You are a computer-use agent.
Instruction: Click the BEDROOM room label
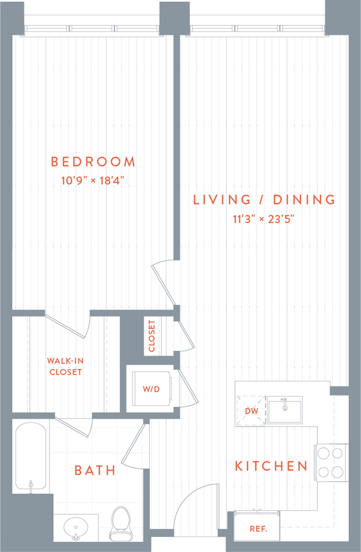pos(93,162)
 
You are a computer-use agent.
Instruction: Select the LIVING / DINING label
pos(264,200)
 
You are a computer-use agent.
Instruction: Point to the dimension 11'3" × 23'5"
pos(263,218)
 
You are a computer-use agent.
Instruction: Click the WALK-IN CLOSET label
pos(65,367)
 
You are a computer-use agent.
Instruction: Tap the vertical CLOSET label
pos(152,336)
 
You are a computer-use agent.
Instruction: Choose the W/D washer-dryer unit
pos(151,389)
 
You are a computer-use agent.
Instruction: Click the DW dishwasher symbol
pos(251,410)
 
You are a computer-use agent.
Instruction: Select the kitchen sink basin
pos(284,410)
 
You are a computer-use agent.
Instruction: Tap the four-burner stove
pos(331,462)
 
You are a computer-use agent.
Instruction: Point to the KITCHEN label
pos(271,466)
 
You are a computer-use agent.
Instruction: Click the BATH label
pos(95,471)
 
